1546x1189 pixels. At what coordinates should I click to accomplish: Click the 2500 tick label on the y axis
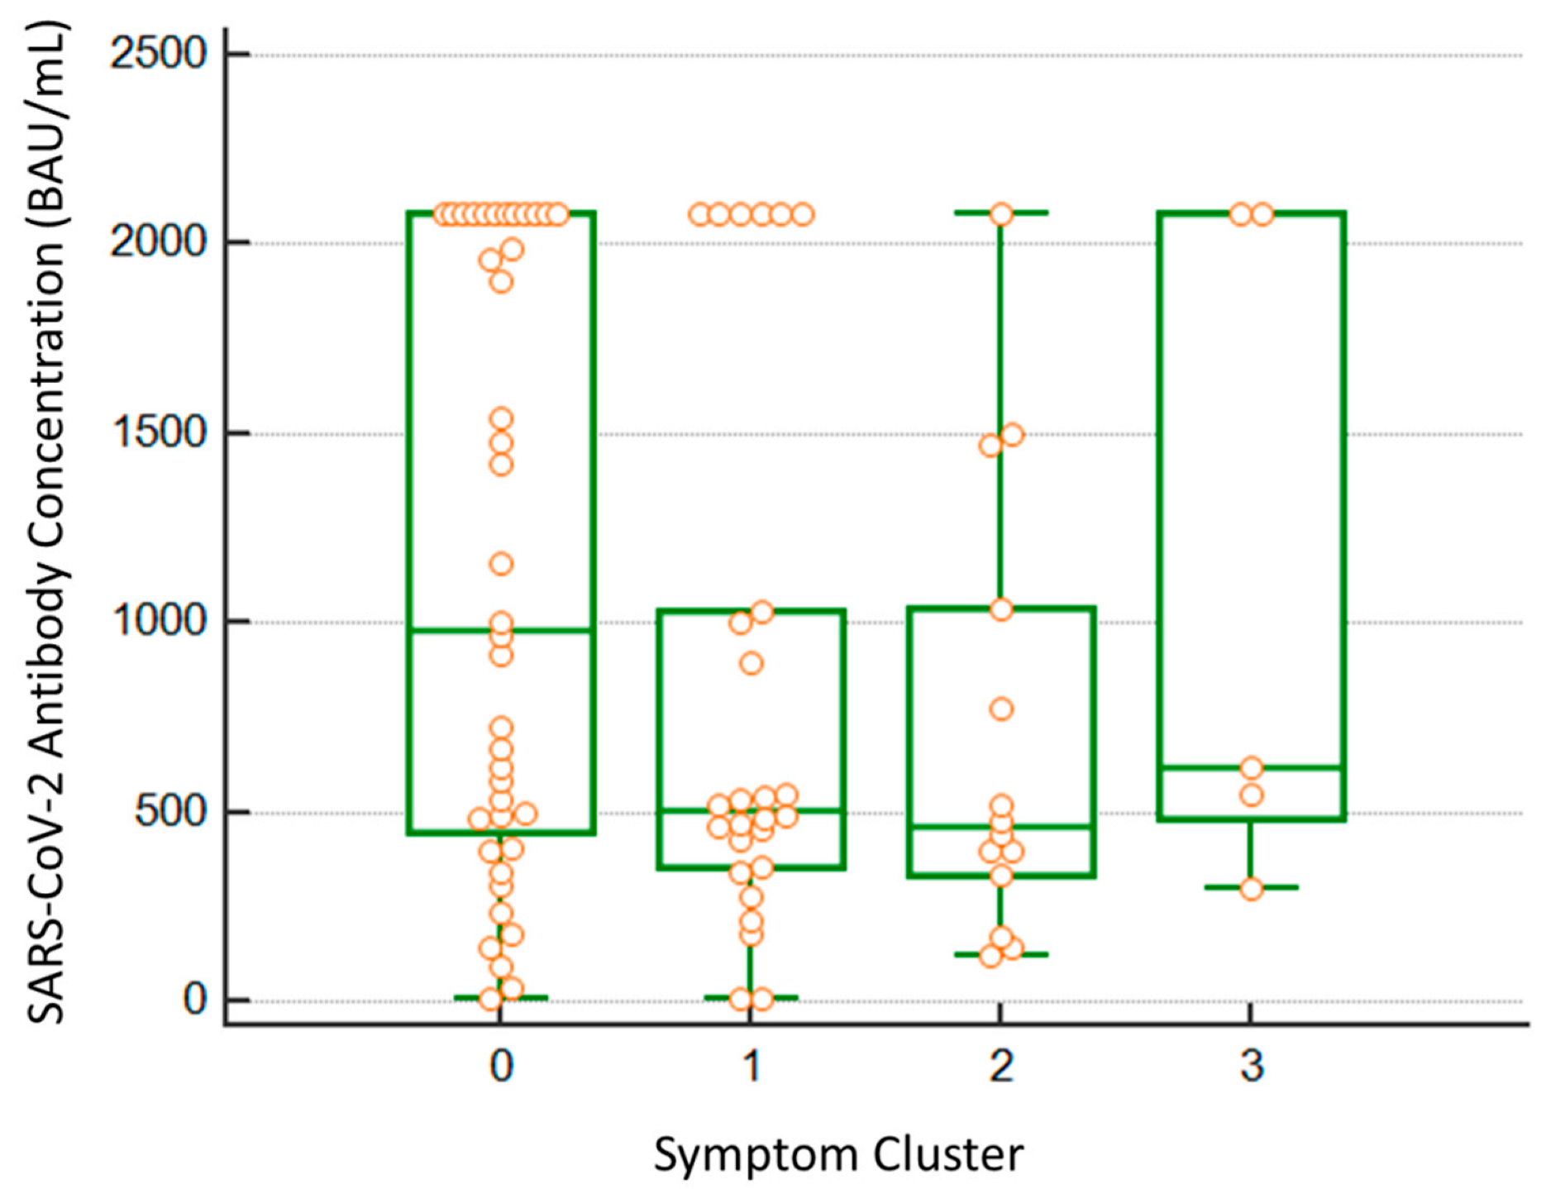pyautogui.click(x=158, y=55)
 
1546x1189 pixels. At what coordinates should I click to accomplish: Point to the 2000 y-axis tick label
pyautogui.click(x=158, y=242)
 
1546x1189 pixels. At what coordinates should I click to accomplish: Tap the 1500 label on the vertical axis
pyautogui.click(x=158, y=432)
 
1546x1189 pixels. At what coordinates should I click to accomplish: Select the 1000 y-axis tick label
pyautogui.click(x=158, y=621)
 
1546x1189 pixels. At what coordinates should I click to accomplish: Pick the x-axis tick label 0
pyautogui.click(x=501, y=1066)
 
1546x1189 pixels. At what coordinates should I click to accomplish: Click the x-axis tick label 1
pyautogui.click(x=752, y=1066)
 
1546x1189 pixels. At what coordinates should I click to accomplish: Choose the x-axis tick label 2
pyautogui.click(x=1001, y=1066)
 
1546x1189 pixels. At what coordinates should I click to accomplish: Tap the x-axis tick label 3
pyautogui.click(x=1252, y=1066)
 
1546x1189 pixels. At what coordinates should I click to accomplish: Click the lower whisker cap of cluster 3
pyautogui.click(x=1252, y=887)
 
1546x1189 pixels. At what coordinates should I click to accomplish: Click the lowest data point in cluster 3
pyautogui.click(x=1252, y=889)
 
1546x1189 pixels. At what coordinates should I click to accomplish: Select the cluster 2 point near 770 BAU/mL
pyautogui.click(x=1001, y=709)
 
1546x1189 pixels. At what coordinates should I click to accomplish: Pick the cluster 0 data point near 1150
pyautogui.click(x=501, y=565)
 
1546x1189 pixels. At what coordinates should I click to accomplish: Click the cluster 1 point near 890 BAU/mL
pyautogui.click(x=752, y=663)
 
